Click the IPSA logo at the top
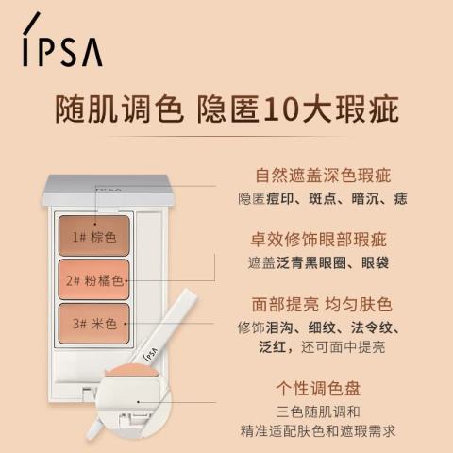(62, 40)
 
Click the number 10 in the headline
(279, 109)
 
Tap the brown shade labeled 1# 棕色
(94, 236)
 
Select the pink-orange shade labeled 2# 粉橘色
(94, 279)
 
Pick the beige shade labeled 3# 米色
(94, 324)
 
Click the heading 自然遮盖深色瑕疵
(323, 176)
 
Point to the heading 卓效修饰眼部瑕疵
(318, 240)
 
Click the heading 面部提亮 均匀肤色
(322, 304)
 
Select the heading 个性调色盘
(318, 388)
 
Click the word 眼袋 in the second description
(375, 263)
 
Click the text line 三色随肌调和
(318, 411)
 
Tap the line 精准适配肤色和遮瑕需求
(318, 431)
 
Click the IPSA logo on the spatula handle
(150, 354)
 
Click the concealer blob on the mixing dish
(133, 371)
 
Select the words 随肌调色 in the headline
(120, 109)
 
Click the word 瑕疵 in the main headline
(367, 109)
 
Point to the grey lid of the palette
(108, 191)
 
